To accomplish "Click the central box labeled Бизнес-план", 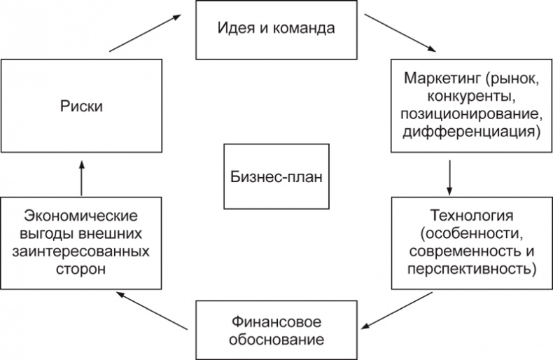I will click(x=276, y=176).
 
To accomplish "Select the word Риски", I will click(x=81, y=106).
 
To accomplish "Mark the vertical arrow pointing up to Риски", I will click(x=82, y=177).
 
